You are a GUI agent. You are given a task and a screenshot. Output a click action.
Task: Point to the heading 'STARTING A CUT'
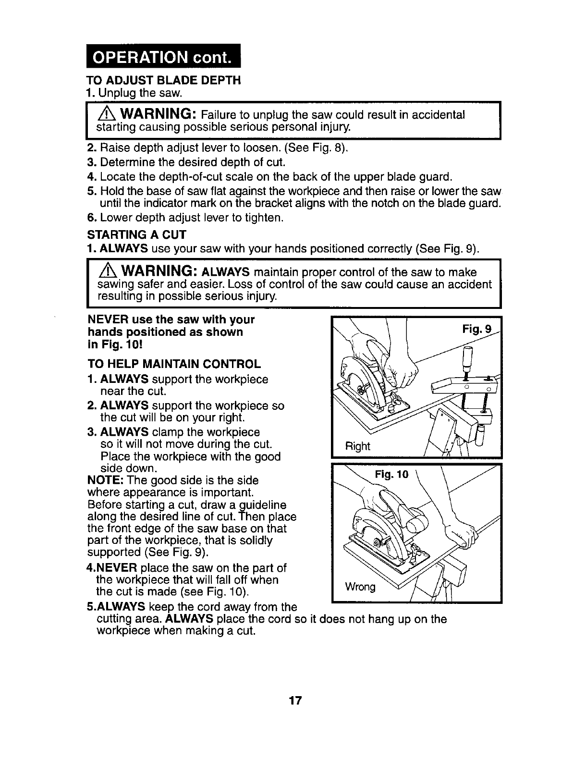pos(136,236)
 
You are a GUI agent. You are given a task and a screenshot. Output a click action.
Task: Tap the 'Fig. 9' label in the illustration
pos(476,330)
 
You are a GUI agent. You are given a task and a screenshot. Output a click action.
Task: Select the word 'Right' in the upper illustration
pos(358,446)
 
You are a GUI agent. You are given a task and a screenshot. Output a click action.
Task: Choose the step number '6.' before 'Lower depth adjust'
pos(92,218)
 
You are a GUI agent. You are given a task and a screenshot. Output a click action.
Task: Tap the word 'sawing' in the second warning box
pos(113,284)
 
